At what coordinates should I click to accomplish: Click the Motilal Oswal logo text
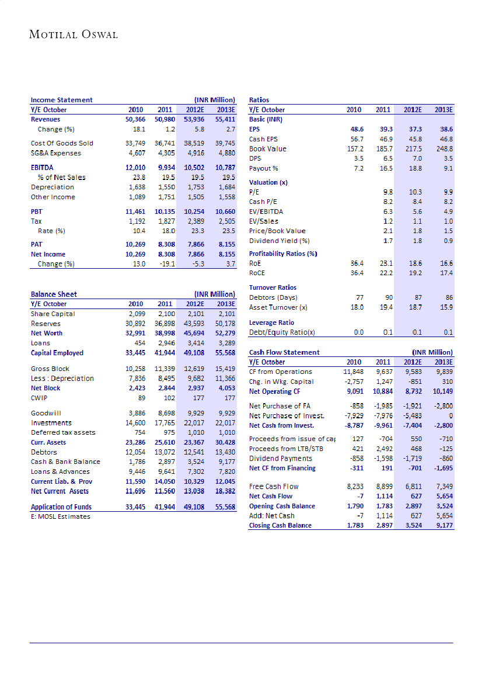74,34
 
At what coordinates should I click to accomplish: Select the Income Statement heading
61,100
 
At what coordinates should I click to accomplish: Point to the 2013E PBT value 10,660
225,212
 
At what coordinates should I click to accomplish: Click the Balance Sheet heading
54,294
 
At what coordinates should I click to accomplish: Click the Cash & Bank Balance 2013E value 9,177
225,462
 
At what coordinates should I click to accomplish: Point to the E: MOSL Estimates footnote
61,516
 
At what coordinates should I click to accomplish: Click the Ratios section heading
259,100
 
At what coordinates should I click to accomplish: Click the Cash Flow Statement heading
284,352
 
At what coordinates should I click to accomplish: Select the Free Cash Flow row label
273,486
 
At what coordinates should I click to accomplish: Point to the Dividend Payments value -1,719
413,459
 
